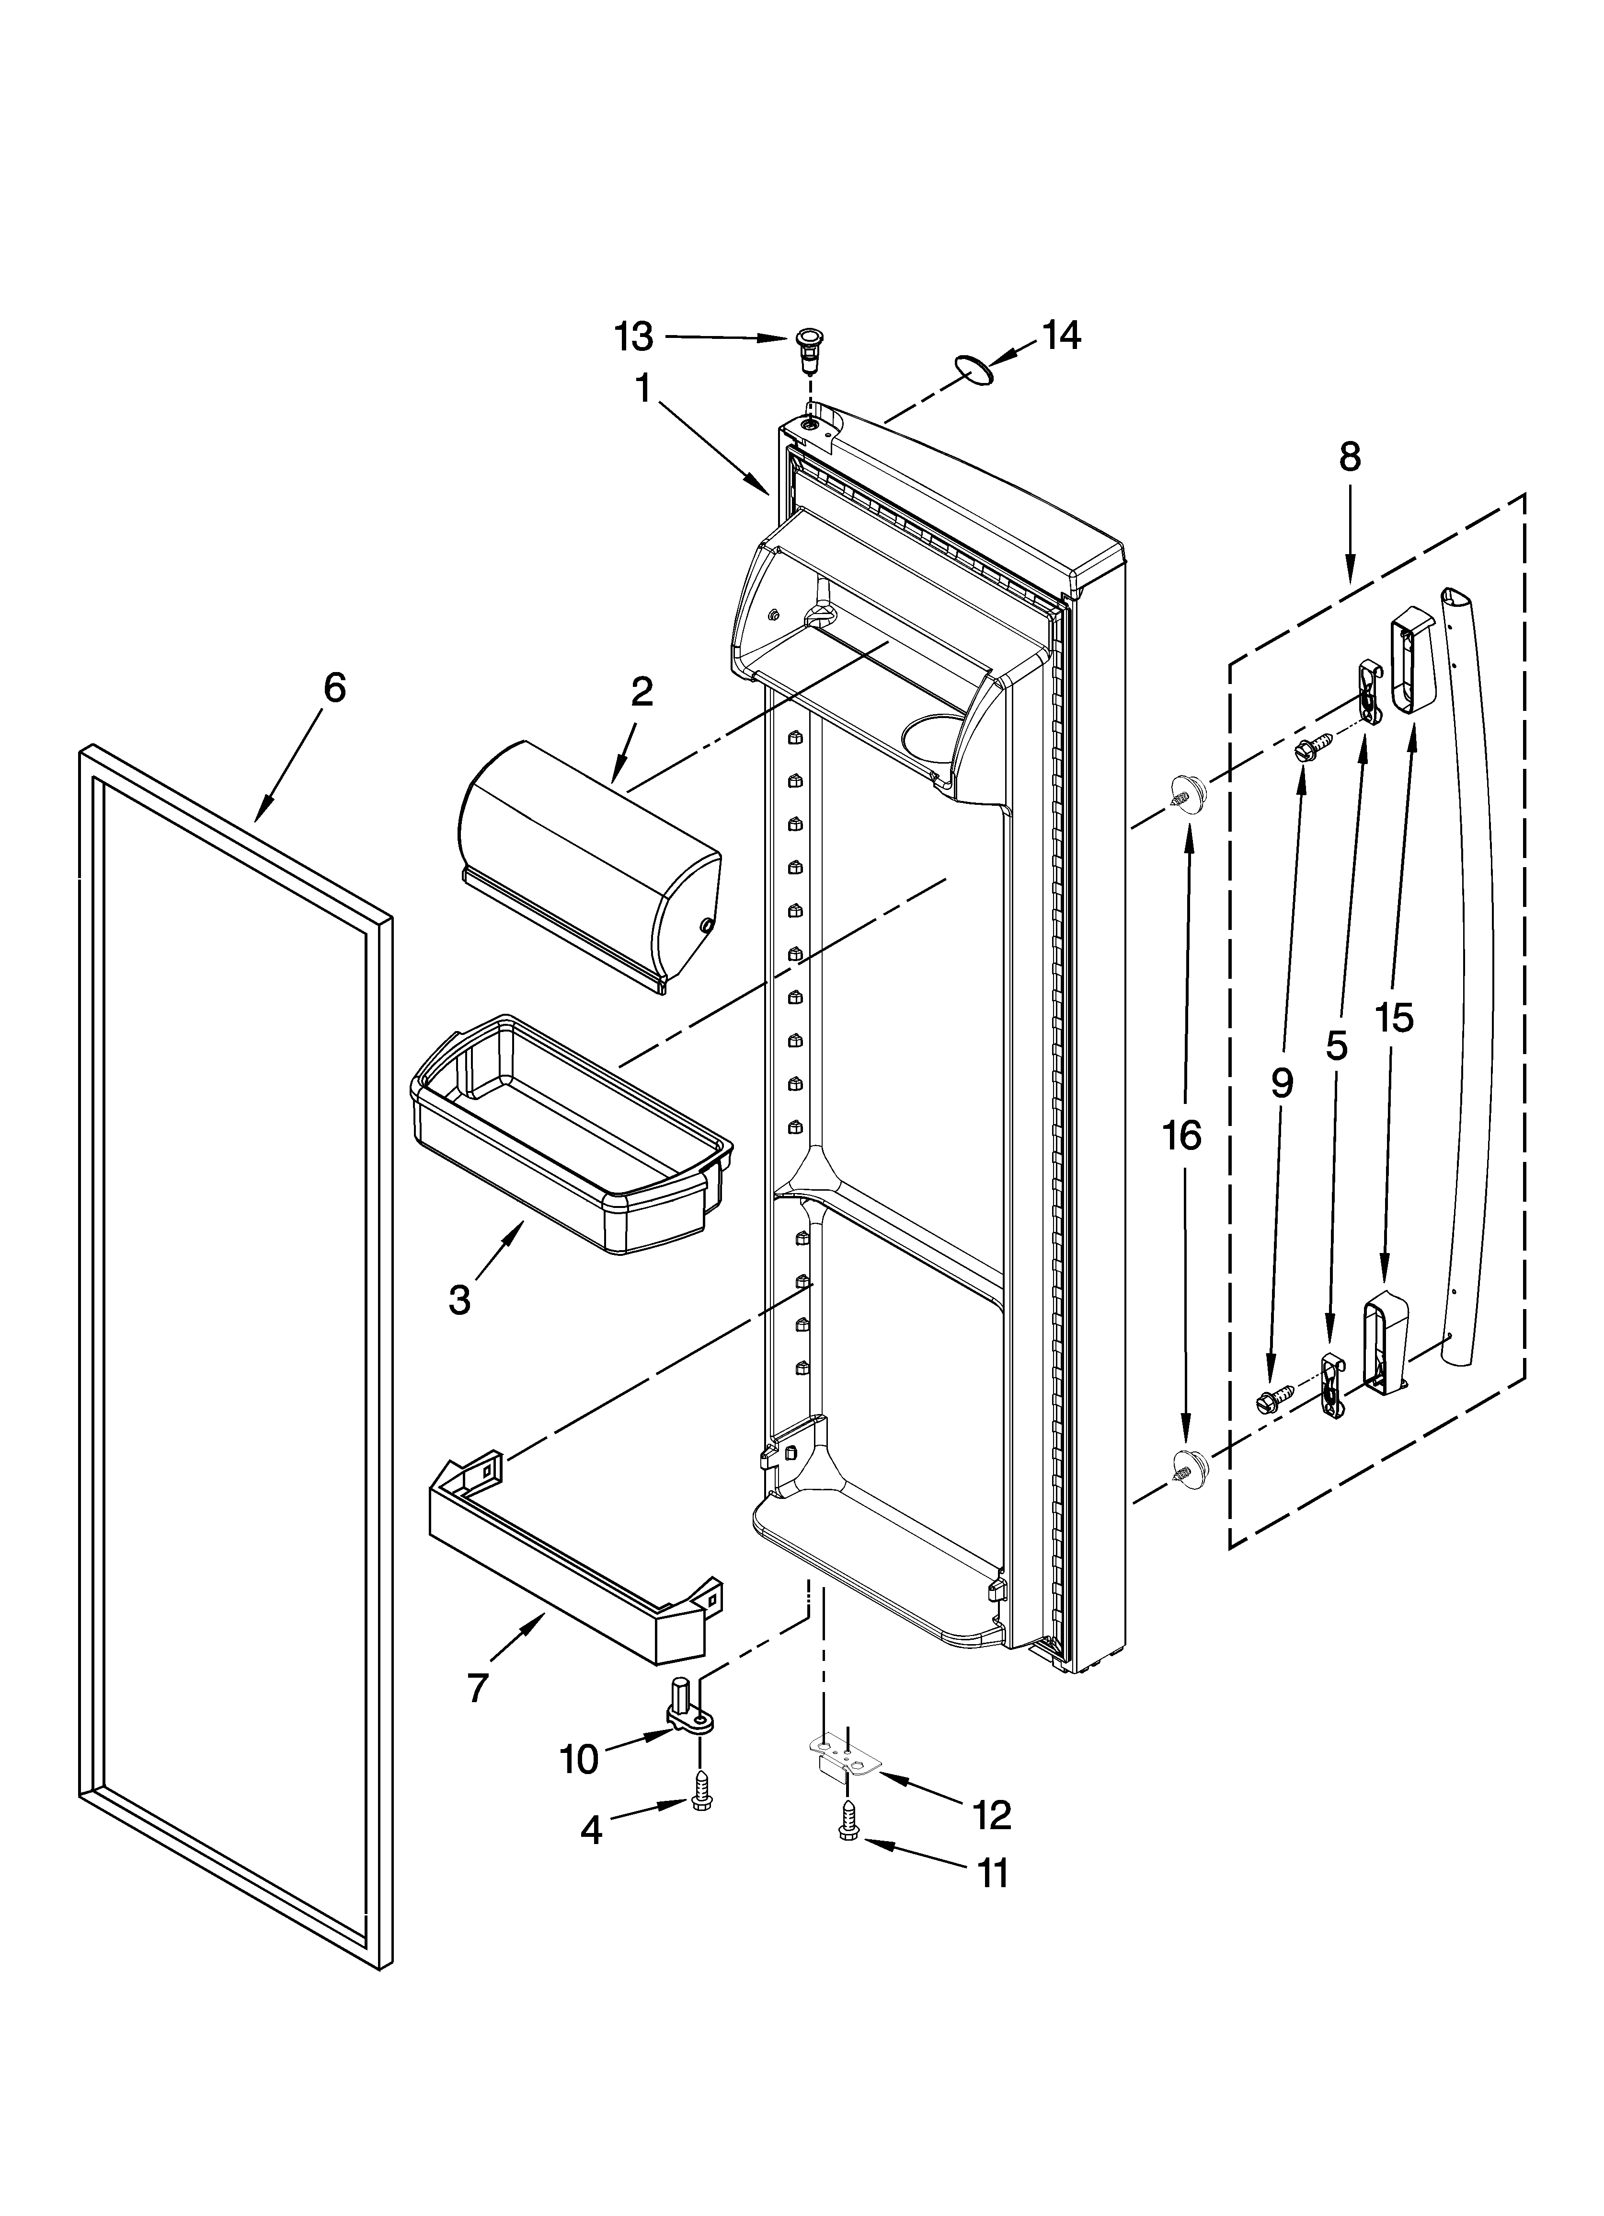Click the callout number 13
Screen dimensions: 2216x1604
click(633, 337)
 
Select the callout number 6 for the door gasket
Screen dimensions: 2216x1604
click(334, 689)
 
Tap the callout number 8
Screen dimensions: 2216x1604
click(1349, 457)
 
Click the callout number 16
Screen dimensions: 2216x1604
click(1182, 1137)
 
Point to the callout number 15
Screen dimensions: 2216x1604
click(1394, 1018)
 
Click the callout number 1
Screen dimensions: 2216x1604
click(643, 389)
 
